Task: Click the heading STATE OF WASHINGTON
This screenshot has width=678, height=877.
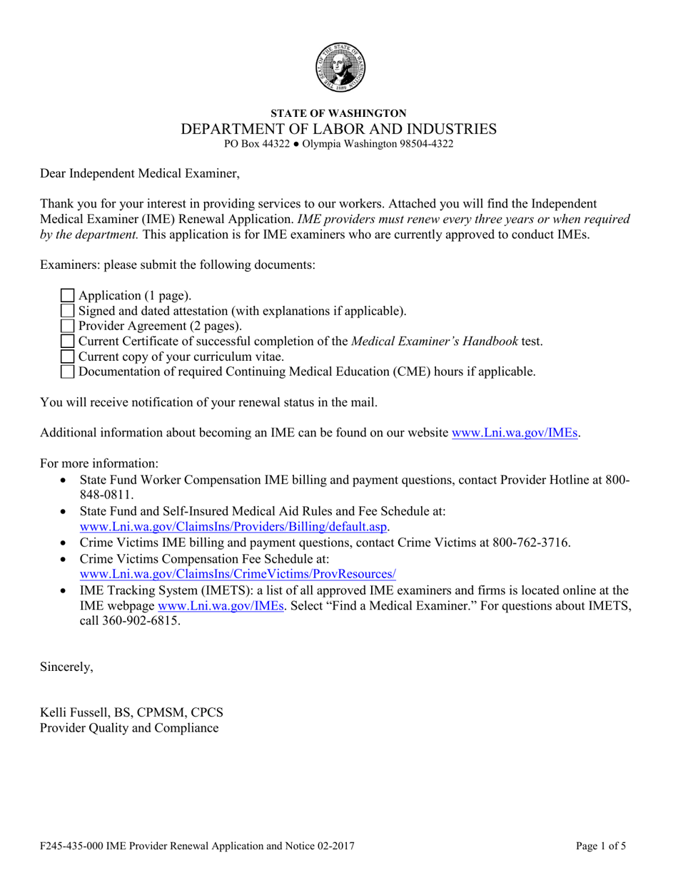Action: click(x=339, y=113)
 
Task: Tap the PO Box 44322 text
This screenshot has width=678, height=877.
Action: click(x=258, y=143)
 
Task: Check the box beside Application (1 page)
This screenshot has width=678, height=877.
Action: click(x=67, y=295)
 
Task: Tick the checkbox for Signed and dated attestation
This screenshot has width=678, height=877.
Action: click(x=67, y=311)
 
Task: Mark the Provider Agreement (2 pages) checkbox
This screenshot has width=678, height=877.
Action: click(x=67, y=326)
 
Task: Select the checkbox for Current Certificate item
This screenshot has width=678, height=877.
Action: click(x=67, y=342)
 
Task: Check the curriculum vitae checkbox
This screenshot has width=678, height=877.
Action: click(x=67, y=357)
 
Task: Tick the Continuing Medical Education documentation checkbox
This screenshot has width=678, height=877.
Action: click(x=67, y=371)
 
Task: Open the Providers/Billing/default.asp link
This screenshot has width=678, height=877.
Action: click(x=235, y=527)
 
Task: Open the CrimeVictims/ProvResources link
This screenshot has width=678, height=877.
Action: click(x=238, y=574)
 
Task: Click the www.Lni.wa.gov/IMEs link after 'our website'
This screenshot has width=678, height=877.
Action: click(x=515, y=433)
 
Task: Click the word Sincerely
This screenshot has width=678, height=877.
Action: click(x=66, y=667)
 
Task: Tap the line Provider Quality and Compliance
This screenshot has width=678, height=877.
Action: click(x=129, y=728)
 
